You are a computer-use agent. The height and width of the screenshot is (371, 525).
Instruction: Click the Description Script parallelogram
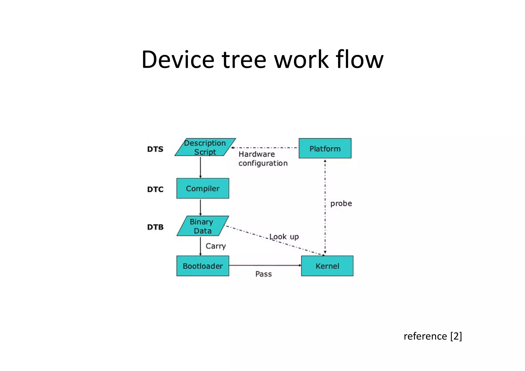205,147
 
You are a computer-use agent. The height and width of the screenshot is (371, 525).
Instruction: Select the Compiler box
203,188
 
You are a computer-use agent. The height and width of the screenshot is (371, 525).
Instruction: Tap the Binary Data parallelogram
203,226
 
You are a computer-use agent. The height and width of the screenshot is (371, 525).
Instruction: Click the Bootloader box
203,266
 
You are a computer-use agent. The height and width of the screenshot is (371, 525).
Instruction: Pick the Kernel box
327,266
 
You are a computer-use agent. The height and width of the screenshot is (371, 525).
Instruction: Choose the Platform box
325,148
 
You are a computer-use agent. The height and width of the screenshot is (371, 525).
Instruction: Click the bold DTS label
155,149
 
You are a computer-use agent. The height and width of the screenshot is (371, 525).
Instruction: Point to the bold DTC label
155,189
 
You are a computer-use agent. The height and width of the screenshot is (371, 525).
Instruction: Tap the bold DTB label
155,227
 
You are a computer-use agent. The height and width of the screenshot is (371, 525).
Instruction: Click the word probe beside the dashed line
341,203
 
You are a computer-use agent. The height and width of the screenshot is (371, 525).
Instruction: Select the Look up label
284,237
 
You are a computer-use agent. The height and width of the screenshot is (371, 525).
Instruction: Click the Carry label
216,246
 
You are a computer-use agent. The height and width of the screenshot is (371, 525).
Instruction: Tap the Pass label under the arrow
264,274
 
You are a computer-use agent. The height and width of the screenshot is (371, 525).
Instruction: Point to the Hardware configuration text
263,159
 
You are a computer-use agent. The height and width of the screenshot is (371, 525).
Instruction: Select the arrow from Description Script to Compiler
200,167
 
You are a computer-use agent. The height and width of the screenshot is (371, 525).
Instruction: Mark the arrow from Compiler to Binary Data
200,207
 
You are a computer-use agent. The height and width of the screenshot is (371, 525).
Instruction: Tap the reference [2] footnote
432,336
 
